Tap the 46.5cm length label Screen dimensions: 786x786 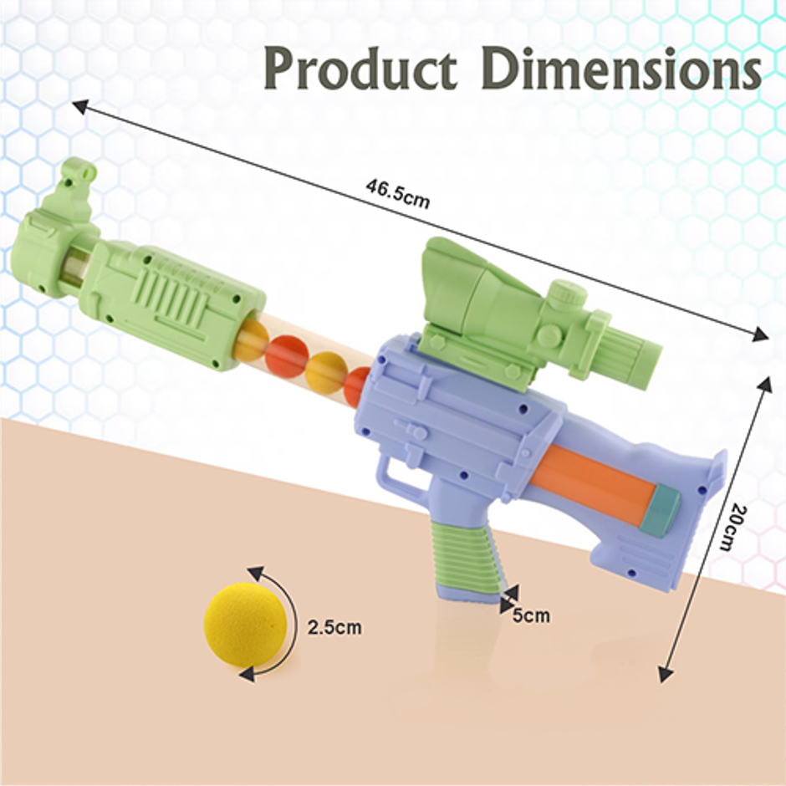(x=397, y=193)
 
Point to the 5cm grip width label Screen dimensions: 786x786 (x=531, y=615)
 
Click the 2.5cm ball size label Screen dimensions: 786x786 (x=334, y=627)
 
